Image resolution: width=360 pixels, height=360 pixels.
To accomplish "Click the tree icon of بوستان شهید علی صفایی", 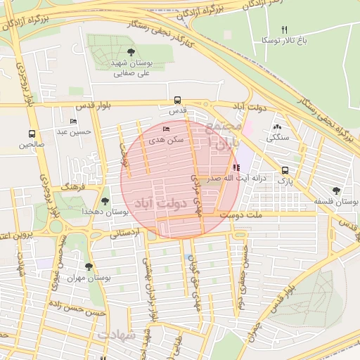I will [x=131, y=52].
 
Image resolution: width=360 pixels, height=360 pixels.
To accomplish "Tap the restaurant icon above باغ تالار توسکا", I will [x=285, y=30].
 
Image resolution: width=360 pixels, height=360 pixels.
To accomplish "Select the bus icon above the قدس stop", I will [x=176, y=100].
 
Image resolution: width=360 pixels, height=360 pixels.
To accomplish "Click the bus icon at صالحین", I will [x=32, y=134].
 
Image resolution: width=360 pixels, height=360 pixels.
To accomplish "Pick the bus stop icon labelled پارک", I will [x=285, y=170].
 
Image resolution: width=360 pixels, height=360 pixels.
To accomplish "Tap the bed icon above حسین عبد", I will [x=74, y=121].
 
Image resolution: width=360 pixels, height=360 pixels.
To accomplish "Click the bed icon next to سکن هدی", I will [x=166, y=129].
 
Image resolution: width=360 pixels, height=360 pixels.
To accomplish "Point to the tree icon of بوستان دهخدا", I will [x=105, y=201].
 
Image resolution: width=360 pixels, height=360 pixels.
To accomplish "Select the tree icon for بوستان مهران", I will [x=88, y=266].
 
